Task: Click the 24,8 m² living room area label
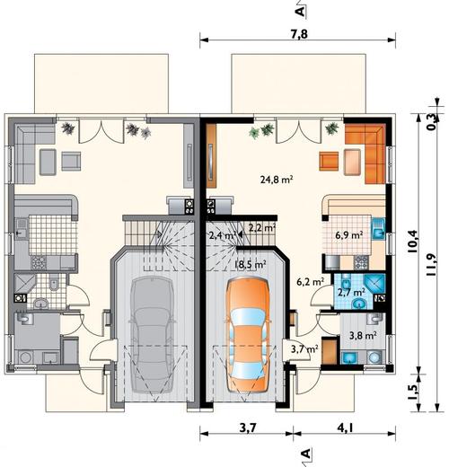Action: [277, 180]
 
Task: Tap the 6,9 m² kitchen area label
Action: [349, 235]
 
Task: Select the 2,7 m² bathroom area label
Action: [351, 292]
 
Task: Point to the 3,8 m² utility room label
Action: [363, 335]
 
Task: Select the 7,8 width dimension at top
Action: [299, 34]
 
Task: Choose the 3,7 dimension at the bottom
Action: [248, 428]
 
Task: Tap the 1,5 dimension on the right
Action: [415, 392]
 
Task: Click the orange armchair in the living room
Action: [329, 161]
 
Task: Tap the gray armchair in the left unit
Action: [71, 161]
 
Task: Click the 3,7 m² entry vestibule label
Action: [304, 348]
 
